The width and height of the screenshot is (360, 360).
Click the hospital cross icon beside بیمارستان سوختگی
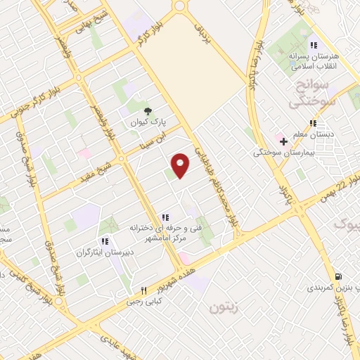pyautogui.click(x=283, y=141)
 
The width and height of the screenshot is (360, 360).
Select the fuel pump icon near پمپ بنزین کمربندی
pyautogui.click(x=340, y=276)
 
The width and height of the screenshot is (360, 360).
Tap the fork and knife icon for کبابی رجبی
pyautogui.click(x=143, y=290)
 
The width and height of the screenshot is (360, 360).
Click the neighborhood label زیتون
pyautogui.click(x=224, y=307)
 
